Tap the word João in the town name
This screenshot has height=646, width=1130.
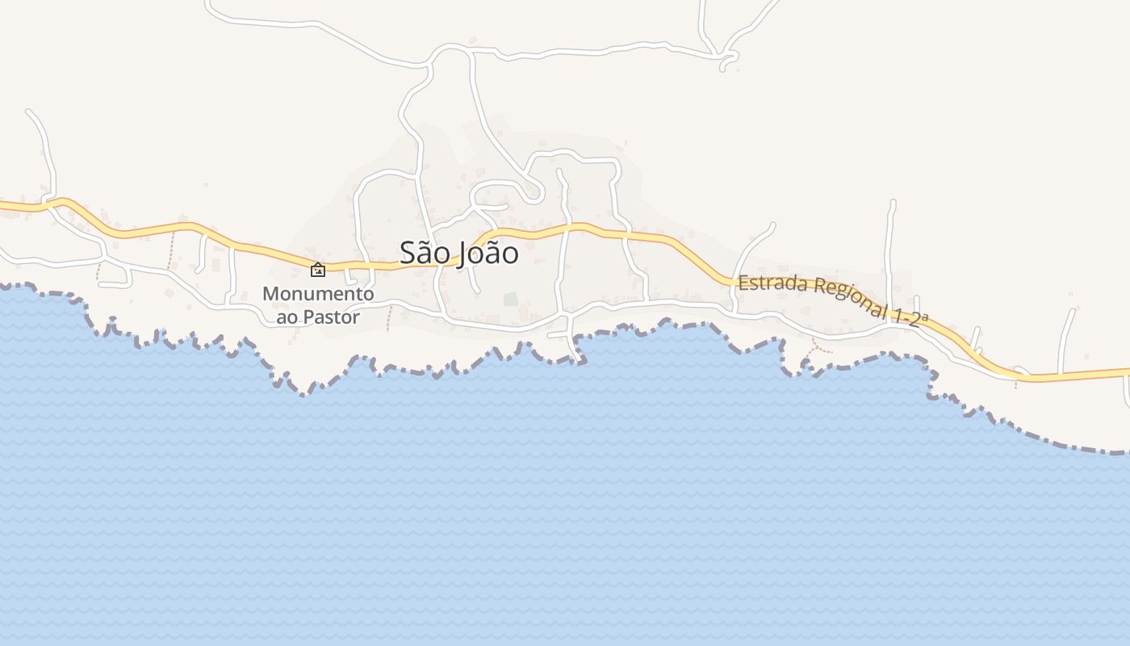[488, 253]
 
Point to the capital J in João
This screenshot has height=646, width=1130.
[464, 254]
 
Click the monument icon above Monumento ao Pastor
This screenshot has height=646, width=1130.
[318, 270]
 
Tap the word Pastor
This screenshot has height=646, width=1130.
[331, 317]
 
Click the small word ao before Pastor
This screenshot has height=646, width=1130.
[287, 317]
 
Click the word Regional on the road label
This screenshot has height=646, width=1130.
[847, 298]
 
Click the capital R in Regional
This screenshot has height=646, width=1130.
[818, 287]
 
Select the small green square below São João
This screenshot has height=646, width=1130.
[510, 300]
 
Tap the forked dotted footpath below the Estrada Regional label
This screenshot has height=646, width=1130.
[815, 349]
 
